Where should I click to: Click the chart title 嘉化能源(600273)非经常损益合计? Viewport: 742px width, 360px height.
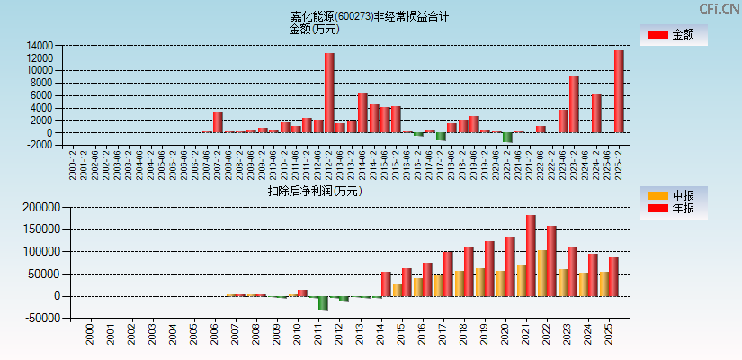click(x=370, y=16)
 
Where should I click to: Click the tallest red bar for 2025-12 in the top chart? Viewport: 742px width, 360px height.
click(x=619, y=91)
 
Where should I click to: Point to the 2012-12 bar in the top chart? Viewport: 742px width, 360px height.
click(x=329, y=93)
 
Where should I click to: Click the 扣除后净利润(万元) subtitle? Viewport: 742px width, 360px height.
click(x=314, y=191)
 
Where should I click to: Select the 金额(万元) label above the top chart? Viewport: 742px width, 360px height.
click(x=314, y=29)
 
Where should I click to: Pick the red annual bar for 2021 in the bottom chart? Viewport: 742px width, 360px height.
click(x=532, y=256)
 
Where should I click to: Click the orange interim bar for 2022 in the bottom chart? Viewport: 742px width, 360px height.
click(x=541, y=273)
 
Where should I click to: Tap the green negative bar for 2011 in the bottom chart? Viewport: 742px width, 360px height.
click(x=323, y=302)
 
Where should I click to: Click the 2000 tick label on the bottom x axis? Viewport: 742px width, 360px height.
click(x=89, y=335)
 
